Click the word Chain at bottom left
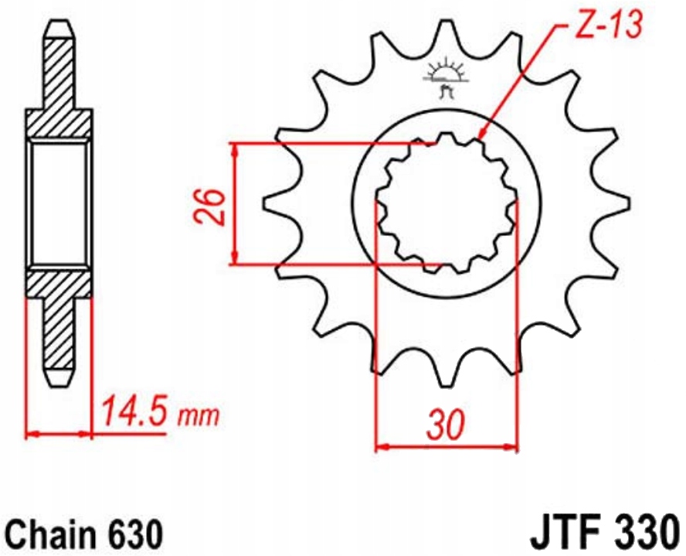click(x=47, y=534)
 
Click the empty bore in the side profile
click(x=59, y=203)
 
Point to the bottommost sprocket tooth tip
click(x=445, y=382)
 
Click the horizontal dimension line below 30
click(x=447, y=445)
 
